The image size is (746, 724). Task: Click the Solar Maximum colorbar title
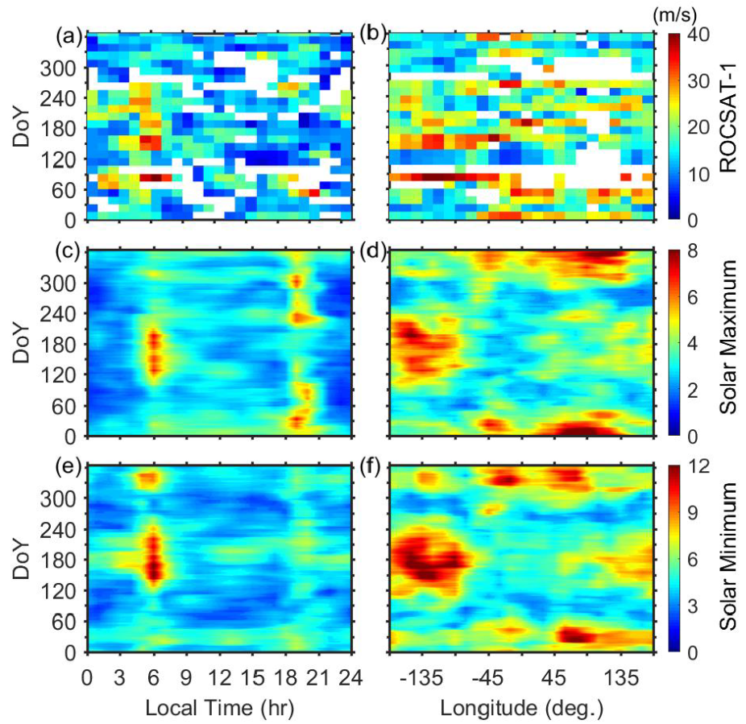tap(727, 343)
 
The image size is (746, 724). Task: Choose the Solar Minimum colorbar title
tap(727, 559)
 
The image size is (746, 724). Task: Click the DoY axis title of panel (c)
tap(21, 343)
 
